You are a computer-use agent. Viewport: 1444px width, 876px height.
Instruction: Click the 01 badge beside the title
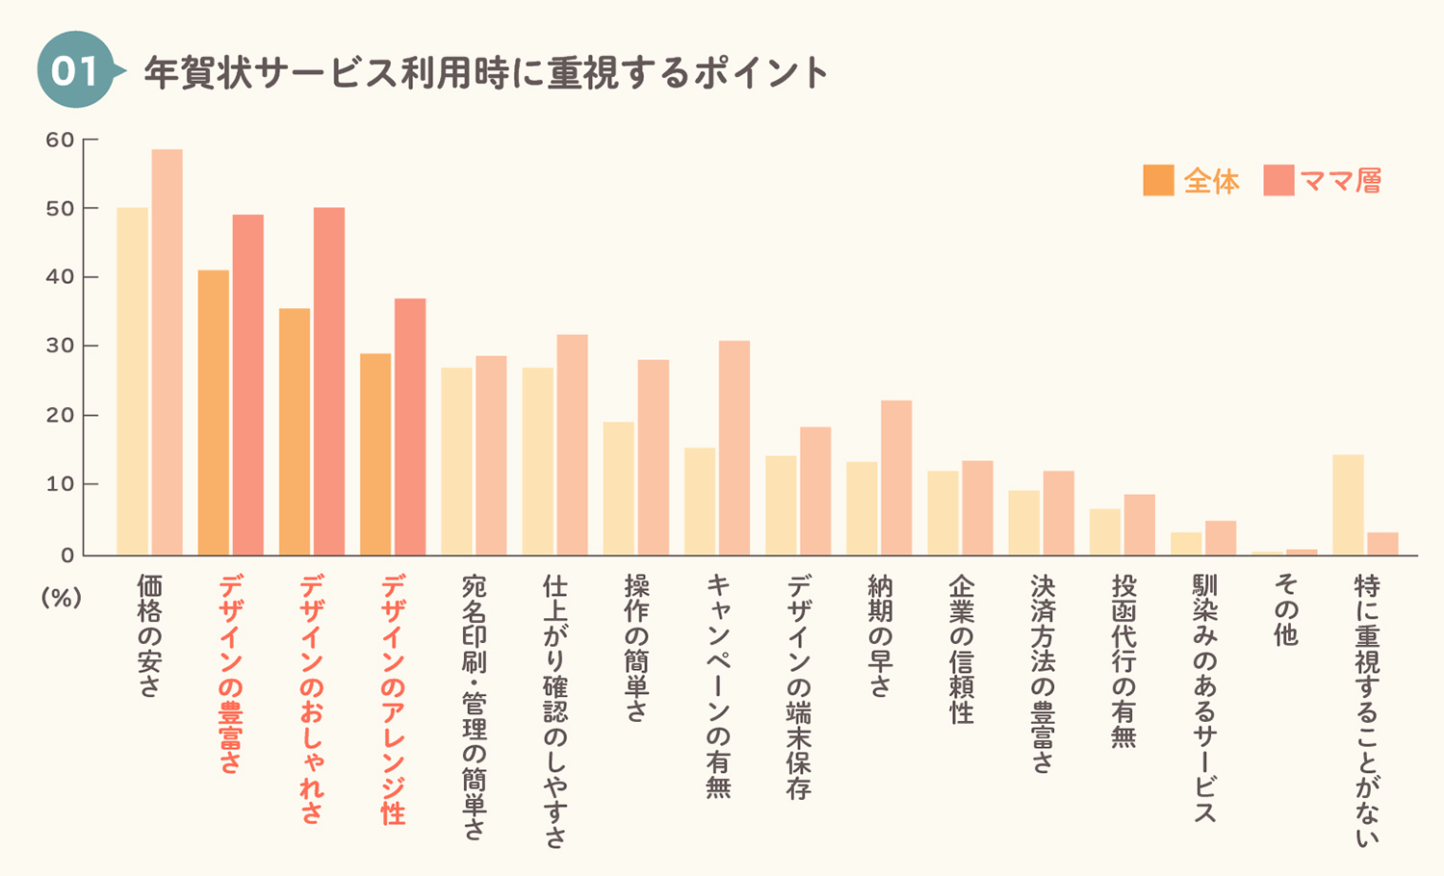[x=76, y=69]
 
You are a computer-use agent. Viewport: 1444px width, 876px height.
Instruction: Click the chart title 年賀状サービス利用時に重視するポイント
[x=486, y=71]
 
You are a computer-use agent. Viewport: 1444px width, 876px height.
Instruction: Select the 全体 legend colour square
[x=1158, y=180]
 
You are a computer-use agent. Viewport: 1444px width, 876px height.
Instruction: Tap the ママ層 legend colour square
[x=1279, y=180]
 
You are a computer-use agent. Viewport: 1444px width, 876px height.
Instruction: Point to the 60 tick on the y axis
[x=60, y=140]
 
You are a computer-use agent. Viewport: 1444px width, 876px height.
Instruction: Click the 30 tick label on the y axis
[x=60, y=347]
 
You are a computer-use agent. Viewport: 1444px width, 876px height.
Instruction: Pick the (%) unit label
[x=62, y=598]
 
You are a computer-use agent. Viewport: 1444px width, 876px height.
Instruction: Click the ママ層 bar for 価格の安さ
[x=167, y=352]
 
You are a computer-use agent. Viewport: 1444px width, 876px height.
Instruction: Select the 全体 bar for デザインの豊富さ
[x=214, y=413]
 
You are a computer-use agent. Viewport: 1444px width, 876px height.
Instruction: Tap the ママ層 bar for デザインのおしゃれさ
[x=329, y=381]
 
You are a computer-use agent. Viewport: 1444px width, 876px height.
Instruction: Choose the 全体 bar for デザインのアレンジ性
[x=375, y=454]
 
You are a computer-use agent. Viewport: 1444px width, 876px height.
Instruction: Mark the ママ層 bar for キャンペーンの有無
[x=735, y=448]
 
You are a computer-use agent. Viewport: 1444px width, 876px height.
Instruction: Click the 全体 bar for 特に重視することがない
[x=1348, y=504]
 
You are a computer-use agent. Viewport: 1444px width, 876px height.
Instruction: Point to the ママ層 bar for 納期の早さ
[x=896, y=477]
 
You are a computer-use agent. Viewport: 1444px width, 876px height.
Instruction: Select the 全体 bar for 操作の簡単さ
[x=619, y=489]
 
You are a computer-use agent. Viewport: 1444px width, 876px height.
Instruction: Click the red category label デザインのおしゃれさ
[x=311, y=700]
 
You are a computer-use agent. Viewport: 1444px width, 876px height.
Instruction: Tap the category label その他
[x=1285, y=609]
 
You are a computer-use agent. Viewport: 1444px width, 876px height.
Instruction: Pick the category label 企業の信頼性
[x=961, y=649]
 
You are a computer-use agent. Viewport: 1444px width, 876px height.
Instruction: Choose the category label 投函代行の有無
[x=1123, y=661]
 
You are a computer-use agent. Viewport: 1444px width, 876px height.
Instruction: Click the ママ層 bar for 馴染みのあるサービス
[x=1221, y=537]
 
